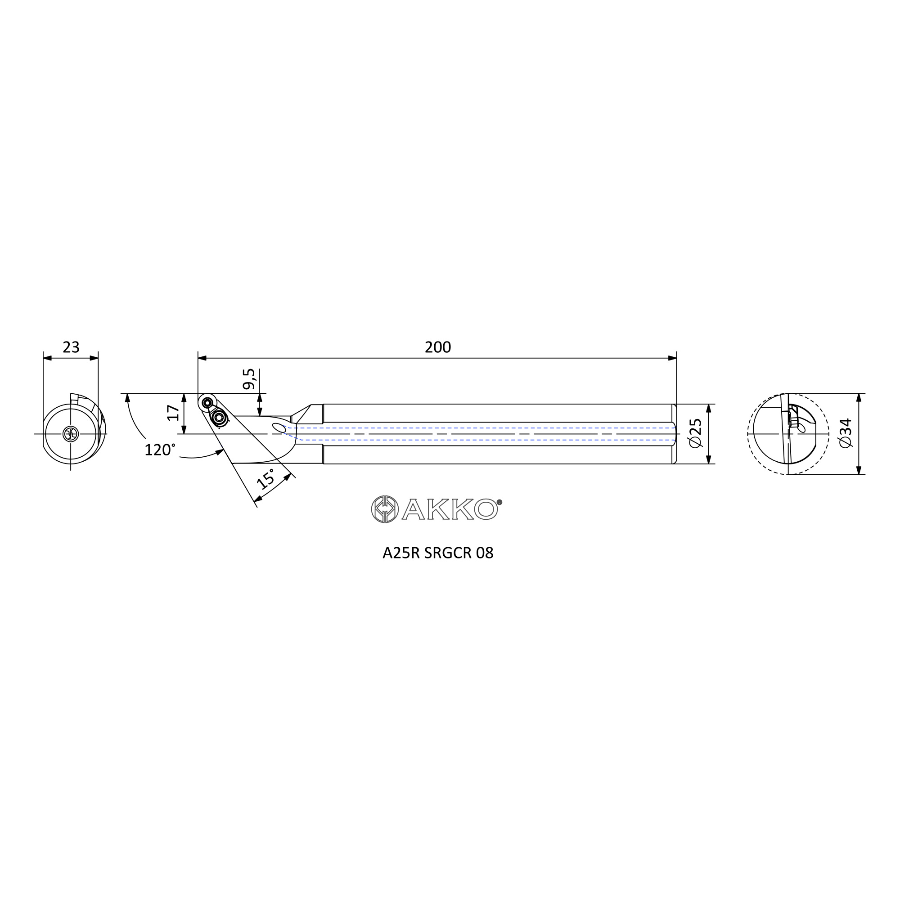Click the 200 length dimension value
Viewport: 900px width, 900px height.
437,347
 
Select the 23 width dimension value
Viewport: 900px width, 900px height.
71,347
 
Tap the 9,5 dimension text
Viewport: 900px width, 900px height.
249,379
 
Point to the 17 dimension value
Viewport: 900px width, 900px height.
173,413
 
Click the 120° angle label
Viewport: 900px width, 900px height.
160,450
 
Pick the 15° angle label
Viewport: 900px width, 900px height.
266,478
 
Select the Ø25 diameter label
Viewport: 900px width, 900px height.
695,433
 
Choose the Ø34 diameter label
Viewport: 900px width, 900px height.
845,433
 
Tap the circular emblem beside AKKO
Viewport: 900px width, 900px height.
385,508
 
